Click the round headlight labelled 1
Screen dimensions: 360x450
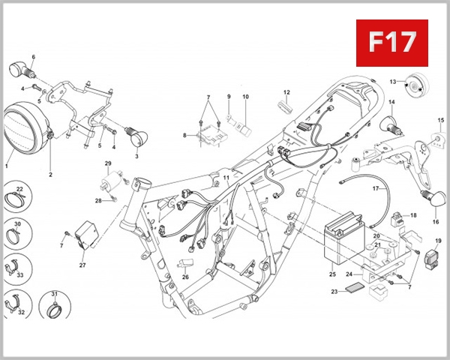coord(27,130)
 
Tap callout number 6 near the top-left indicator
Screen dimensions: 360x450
coord(34,57)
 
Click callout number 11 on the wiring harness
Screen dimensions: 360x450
coord(226,177)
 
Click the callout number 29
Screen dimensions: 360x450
coord(107,163)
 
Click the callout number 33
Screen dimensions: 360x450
coord(20,275)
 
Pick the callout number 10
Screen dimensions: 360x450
coord(244,97)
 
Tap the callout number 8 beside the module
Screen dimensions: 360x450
coord(184,135)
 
